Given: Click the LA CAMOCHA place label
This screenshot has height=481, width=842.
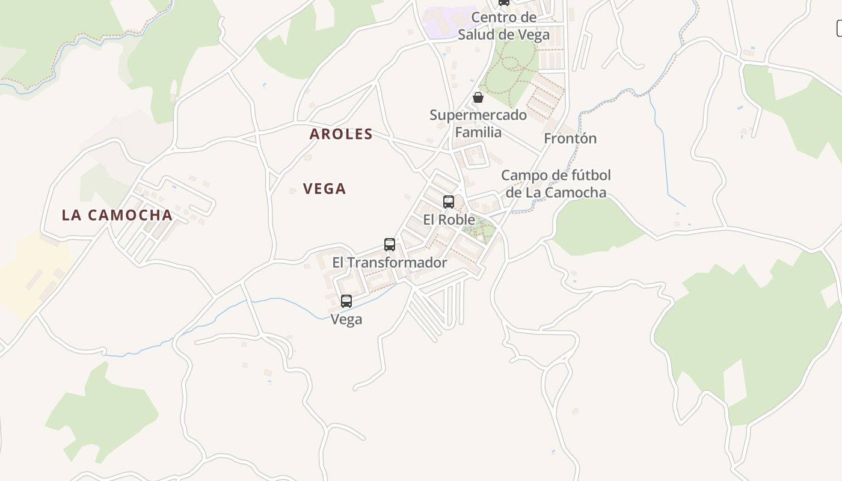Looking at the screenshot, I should [117, 215].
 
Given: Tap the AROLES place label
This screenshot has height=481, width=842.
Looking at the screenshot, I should [341, 134].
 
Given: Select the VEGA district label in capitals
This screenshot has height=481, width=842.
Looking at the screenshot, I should [324, 189].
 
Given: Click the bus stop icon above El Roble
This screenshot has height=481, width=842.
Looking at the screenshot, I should [449, 202].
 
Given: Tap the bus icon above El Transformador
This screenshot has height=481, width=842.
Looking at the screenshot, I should [390, 245].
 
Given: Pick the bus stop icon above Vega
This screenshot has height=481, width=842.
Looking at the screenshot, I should [346, 301].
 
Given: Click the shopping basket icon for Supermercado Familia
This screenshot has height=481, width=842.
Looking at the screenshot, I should [478, 97].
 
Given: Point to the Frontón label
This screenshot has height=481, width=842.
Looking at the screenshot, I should [570, 139].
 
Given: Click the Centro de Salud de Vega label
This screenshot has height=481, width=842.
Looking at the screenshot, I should [503, 26].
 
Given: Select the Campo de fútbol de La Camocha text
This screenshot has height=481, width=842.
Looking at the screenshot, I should [556, 184].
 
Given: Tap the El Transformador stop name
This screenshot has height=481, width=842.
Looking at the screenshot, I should [390, 263].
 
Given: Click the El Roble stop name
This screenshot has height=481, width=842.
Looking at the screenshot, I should [449, 219].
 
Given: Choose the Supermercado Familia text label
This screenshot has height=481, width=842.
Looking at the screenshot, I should [478, 123].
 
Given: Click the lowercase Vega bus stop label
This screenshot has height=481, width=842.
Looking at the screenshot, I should [346, 319].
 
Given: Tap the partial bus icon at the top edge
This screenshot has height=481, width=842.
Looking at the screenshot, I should [504, 2].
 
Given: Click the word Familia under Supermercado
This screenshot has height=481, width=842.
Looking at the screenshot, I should [478, 132].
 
